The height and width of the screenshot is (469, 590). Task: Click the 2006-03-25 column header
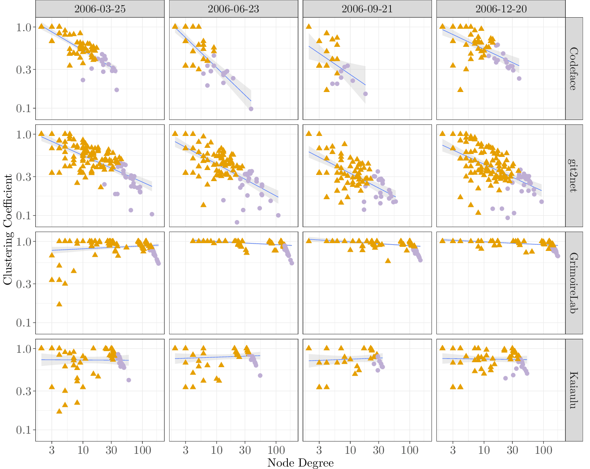pos(100,9)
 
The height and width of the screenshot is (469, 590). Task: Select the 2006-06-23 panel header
pos(233,9)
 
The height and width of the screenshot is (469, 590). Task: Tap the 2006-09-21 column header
pos(367,9)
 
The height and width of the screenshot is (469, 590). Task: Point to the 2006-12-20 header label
pos(501,9)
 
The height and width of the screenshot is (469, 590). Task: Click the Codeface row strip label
pos(574,69)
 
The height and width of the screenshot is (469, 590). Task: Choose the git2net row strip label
pos(574,176)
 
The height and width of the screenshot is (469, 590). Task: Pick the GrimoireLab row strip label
pos(574,283)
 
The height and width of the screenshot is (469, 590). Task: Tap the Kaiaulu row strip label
pos(574,390)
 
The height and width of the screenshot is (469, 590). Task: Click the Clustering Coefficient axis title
pos(8,229)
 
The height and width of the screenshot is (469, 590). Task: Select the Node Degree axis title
pos(300,463)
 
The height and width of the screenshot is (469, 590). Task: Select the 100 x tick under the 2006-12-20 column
pos(543,450)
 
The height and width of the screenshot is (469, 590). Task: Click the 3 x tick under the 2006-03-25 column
pos(52,450)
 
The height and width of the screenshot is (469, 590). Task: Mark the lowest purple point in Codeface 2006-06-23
pos(251,109)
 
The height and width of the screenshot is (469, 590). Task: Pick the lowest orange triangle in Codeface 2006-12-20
pos(460,90)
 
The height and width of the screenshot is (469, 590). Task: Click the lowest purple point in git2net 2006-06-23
pos(237,222)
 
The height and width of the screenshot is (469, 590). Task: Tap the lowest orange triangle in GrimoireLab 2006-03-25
pos(59,304)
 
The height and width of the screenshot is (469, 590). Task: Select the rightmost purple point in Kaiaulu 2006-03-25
pos(129,380)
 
